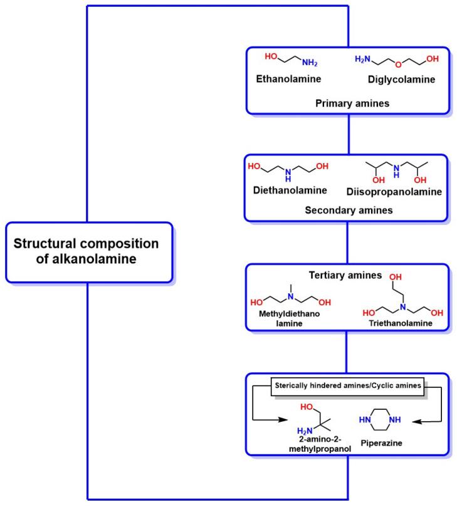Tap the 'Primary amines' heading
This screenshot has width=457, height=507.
coord(347,103)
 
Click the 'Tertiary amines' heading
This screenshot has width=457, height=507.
coord(346,275)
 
